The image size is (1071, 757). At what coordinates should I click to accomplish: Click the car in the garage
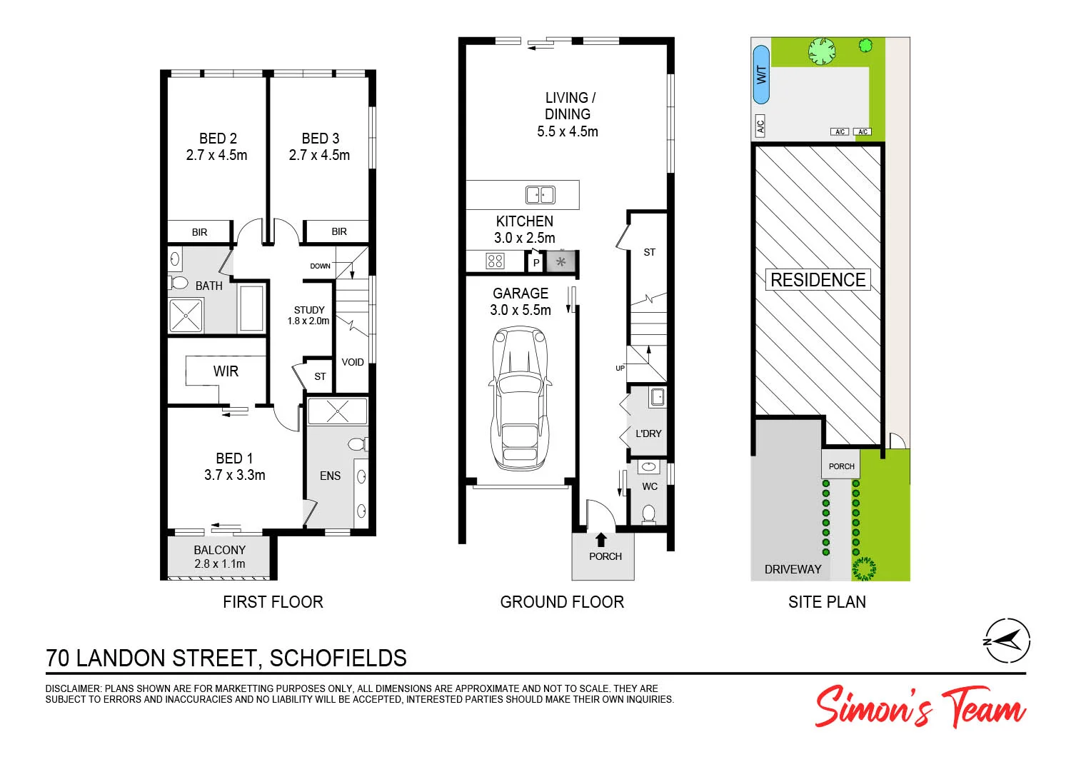(x=521, y=397)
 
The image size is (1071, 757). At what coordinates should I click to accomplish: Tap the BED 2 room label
(x=218, y=139)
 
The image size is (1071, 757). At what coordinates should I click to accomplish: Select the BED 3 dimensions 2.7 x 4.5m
(x=319, y=155)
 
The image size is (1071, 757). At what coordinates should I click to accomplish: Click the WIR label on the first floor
(x=226, y=371)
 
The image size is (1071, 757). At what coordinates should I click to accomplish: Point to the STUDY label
(x=309, y=310)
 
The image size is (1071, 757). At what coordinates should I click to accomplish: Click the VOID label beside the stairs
(x=353, y=362)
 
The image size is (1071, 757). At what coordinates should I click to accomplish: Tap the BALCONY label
(x=219, y=550)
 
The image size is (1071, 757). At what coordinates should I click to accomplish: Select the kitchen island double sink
(x=540, y=194)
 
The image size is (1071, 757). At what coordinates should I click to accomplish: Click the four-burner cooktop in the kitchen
(x=495, y=261)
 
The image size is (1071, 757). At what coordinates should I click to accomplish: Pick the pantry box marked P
(x=536, y=263)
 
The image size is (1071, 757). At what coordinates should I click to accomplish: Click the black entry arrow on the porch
(x=601, y=540)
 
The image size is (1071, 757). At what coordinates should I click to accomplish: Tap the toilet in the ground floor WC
(x=649, y=513)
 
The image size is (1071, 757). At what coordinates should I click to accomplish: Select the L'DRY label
(x=648, y=433)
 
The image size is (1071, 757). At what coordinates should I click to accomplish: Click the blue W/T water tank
(x=762, y=75)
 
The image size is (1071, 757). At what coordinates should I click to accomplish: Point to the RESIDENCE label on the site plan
(x=818, y=280)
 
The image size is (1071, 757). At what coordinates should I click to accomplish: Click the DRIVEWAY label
(x=793, y=569)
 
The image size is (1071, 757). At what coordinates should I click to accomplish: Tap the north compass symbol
(x=1007, y=640)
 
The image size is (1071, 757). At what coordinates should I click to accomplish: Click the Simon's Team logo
(x=920, y=707)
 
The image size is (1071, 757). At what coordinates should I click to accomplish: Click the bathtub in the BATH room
(x=251, y=309)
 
